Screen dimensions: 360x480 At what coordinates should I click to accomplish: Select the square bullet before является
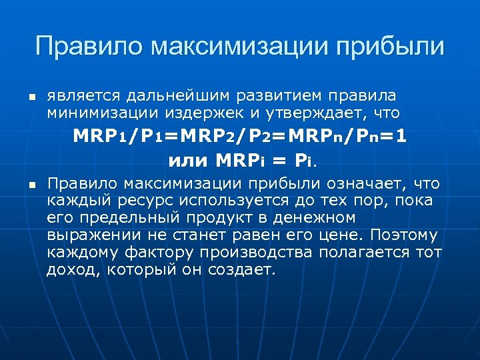point(31,98)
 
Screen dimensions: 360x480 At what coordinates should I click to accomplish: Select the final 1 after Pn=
point(401,136)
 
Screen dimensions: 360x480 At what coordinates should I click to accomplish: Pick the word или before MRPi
point(189,160)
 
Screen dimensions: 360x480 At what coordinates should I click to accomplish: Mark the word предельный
point(123,218)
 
